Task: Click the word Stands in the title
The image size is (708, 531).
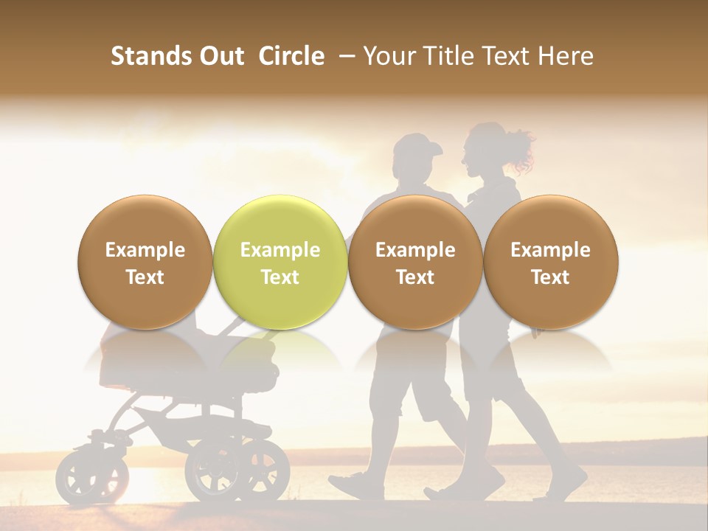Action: (151, 56)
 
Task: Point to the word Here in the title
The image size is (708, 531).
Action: (567, 56)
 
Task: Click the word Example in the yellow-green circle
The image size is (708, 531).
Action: (280, 250)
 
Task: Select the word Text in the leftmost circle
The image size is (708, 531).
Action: (145, 277)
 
